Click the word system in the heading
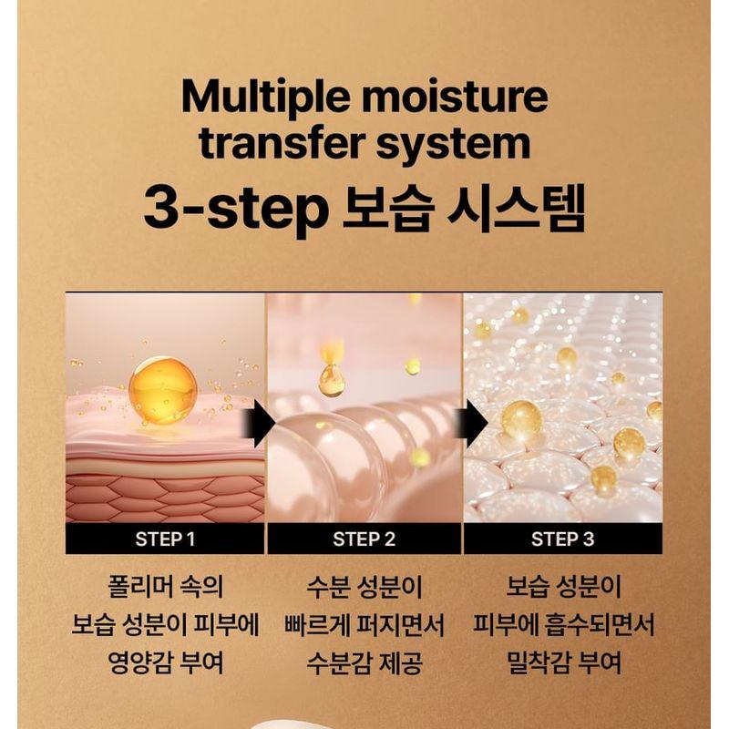click(x=459, y=145)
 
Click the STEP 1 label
click(x=165, y=539)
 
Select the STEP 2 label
click(x=364, y=539)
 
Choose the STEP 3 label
click(x=562, y=539)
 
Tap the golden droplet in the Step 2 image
click(x=332, y=379)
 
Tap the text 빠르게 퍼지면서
click(x=364, y=625)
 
